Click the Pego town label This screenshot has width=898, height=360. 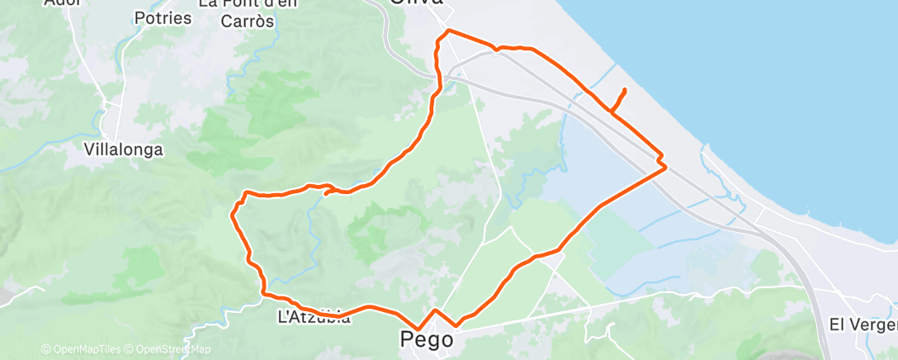(x=426, y=339)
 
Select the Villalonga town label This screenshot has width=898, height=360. (x=124, y=150)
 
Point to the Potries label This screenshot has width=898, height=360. (x=162, y=17)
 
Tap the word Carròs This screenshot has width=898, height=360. (x=248, y=21)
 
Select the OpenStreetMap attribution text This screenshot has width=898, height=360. (x=168, y=349)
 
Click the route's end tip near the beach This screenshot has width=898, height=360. (x=624, y=89)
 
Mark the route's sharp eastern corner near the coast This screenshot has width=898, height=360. (x=665, y=167)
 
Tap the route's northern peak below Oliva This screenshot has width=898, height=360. (x=448, y=31)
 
